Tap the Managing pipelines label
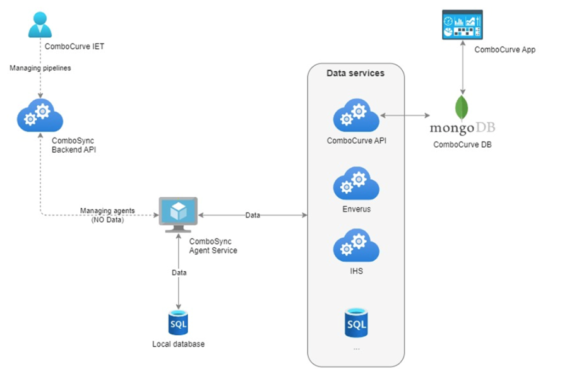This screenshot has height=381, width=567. (40, 67)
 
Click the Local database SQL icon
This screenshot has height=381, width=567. (178, 323)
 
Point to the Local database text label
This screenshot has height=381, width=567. (178, 344)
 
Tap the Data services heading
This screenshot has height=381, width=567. (355, 73)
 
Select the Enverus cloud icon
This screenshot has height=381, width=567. (356, 184)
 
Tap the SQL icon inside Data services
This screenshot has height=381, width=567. (356, 323)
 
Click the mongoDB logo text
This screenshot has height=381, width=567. (462, 128)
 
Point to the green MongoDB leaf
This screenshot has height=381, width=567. (462, 107)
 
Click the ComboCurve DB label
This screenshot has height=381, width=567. (462, 144)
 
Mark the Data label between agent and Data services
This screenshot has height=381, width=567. (253, 215)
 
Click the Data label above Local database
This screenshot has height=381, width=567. (179, 273)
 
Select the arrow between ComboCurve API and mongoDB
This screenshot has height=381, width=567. (405, 115)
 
